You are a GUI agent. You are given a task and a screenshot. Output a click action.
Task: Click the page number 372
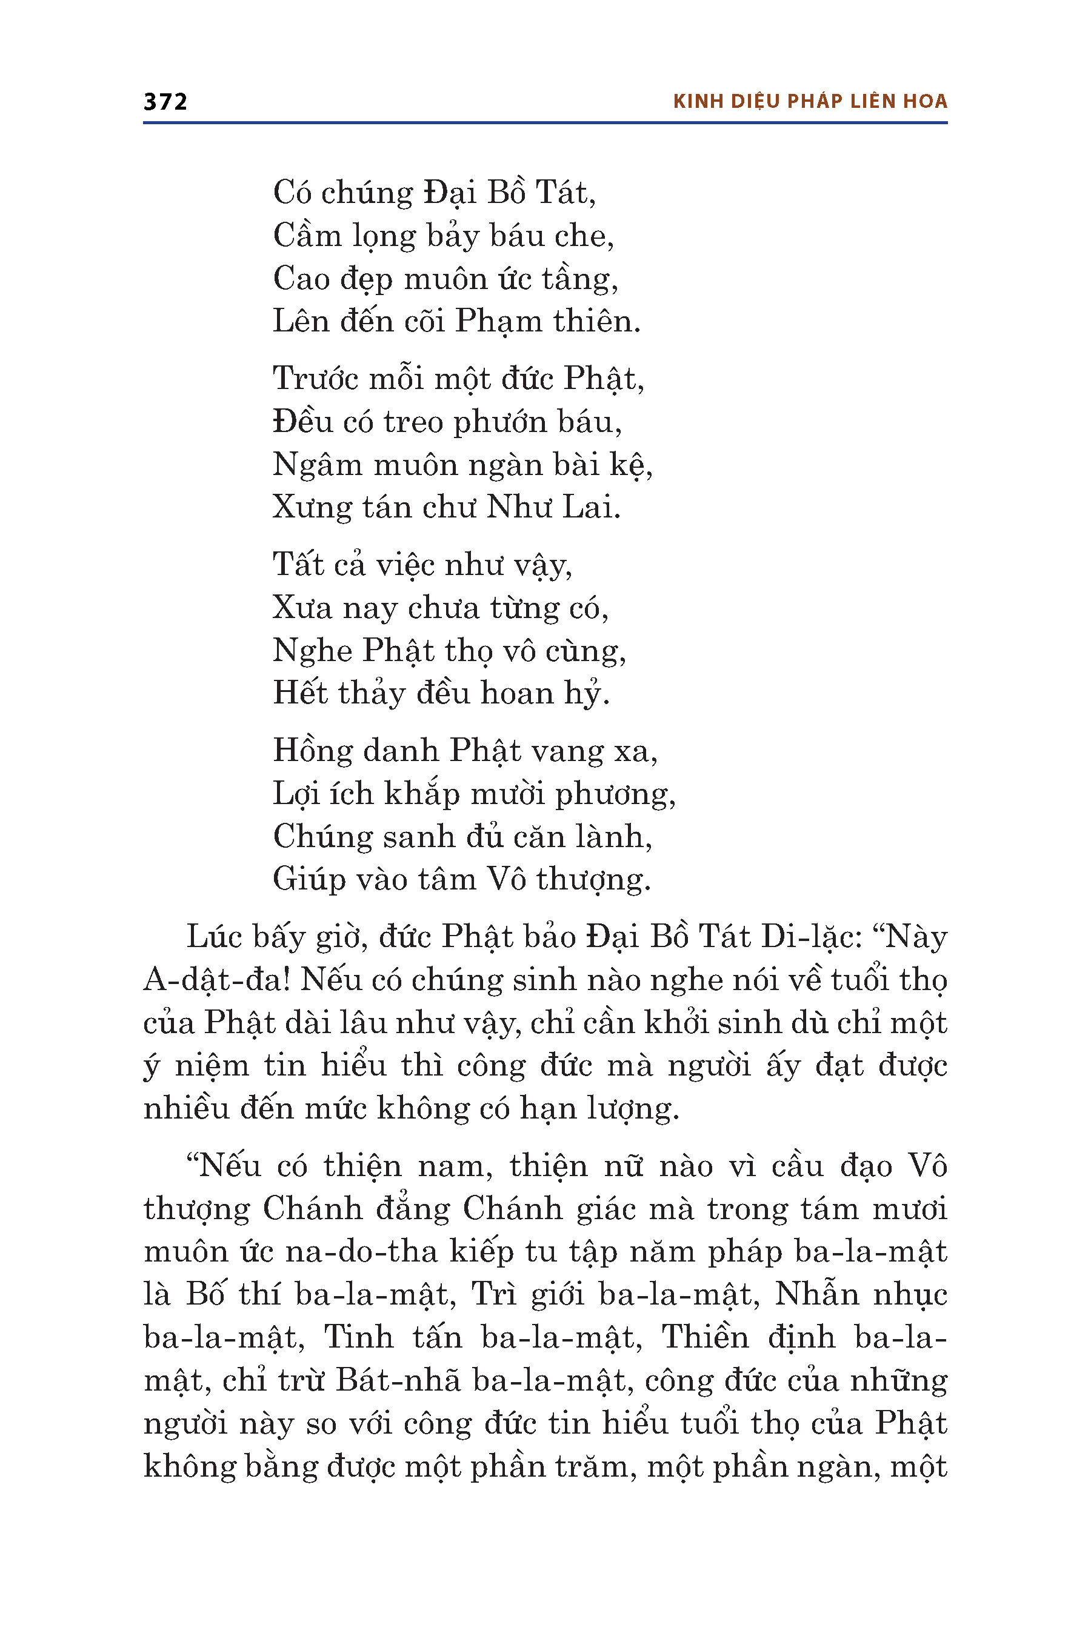(165, 102)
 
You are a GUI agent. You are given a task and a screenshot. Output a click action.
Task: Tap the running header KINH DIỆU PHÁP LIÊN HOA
(810, 102)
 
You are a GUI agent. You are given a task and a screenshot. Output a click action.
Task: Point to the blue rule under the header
(545, 123)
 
